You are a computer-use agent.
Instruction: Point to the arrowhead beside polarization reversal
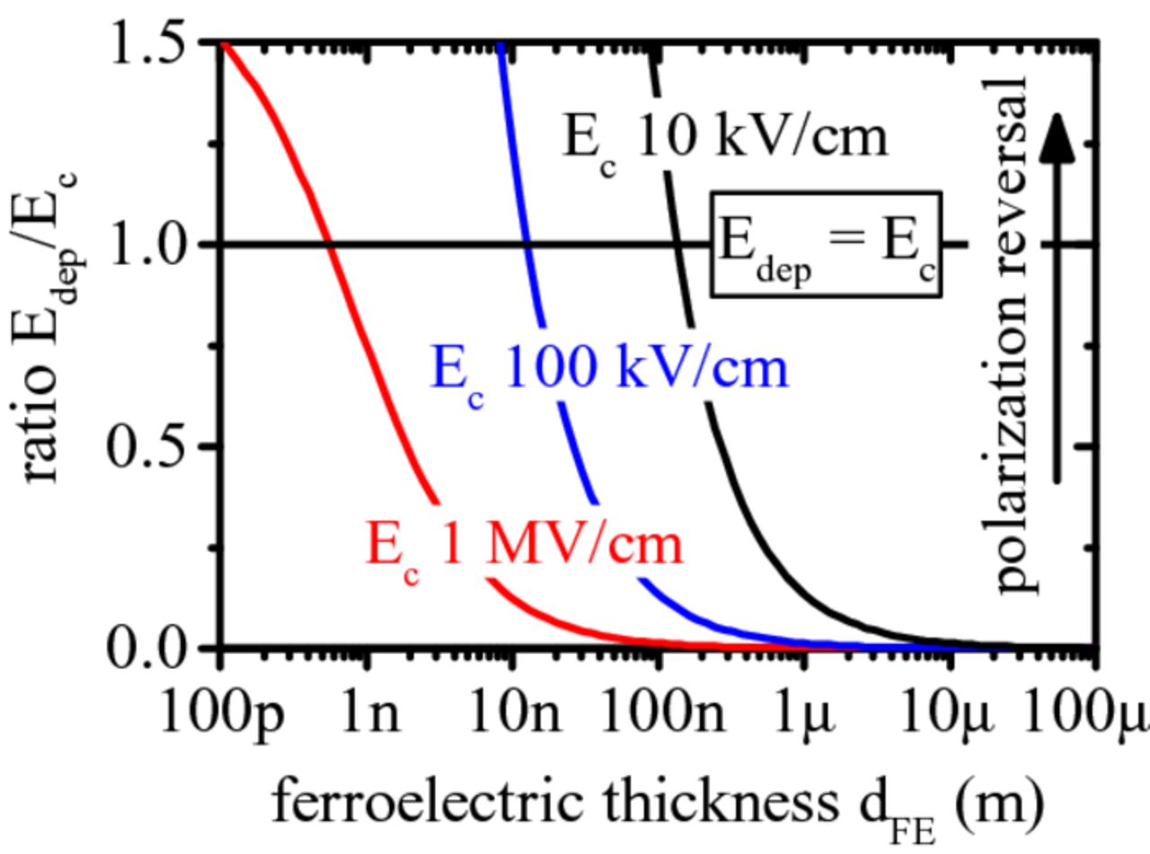[x=1060, y=139]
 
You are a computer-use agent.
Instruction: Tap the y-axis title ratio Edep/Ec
[x=49, y=332]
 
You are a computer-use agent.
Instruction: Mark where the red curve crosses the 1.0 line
[x=330, y=244]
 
